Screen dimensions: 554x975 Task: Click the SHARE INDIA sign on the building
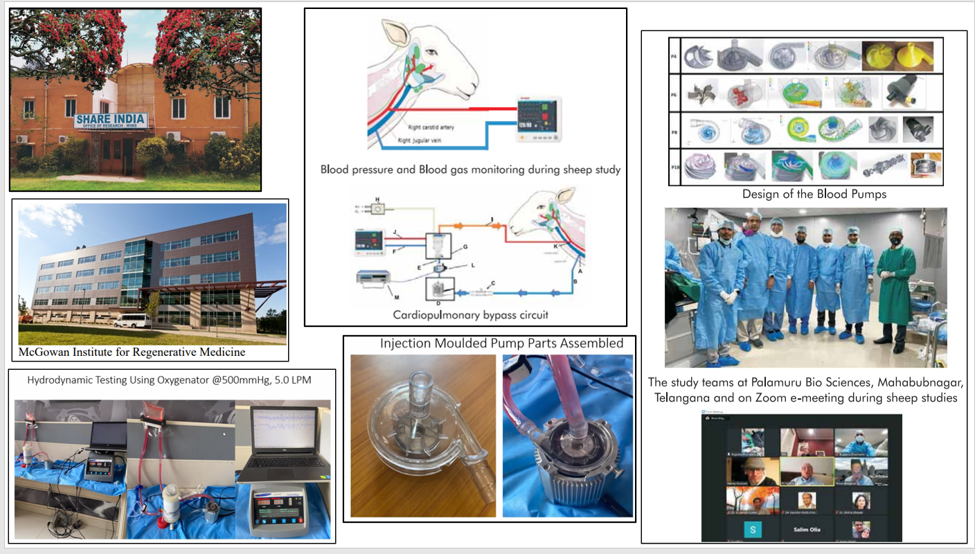click(111, 122)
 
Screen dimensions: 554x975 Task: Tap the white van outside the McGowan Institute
click(131, 321)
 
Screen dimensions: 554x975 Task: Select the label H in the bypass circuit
click(377, 199)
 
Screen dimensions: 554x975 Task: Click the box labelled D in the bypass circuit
click(439, 290)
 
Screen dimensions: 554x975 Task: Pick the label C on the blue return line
click(493, 283)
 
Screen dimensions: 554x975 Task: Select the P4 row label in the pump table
click(674, 57)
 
